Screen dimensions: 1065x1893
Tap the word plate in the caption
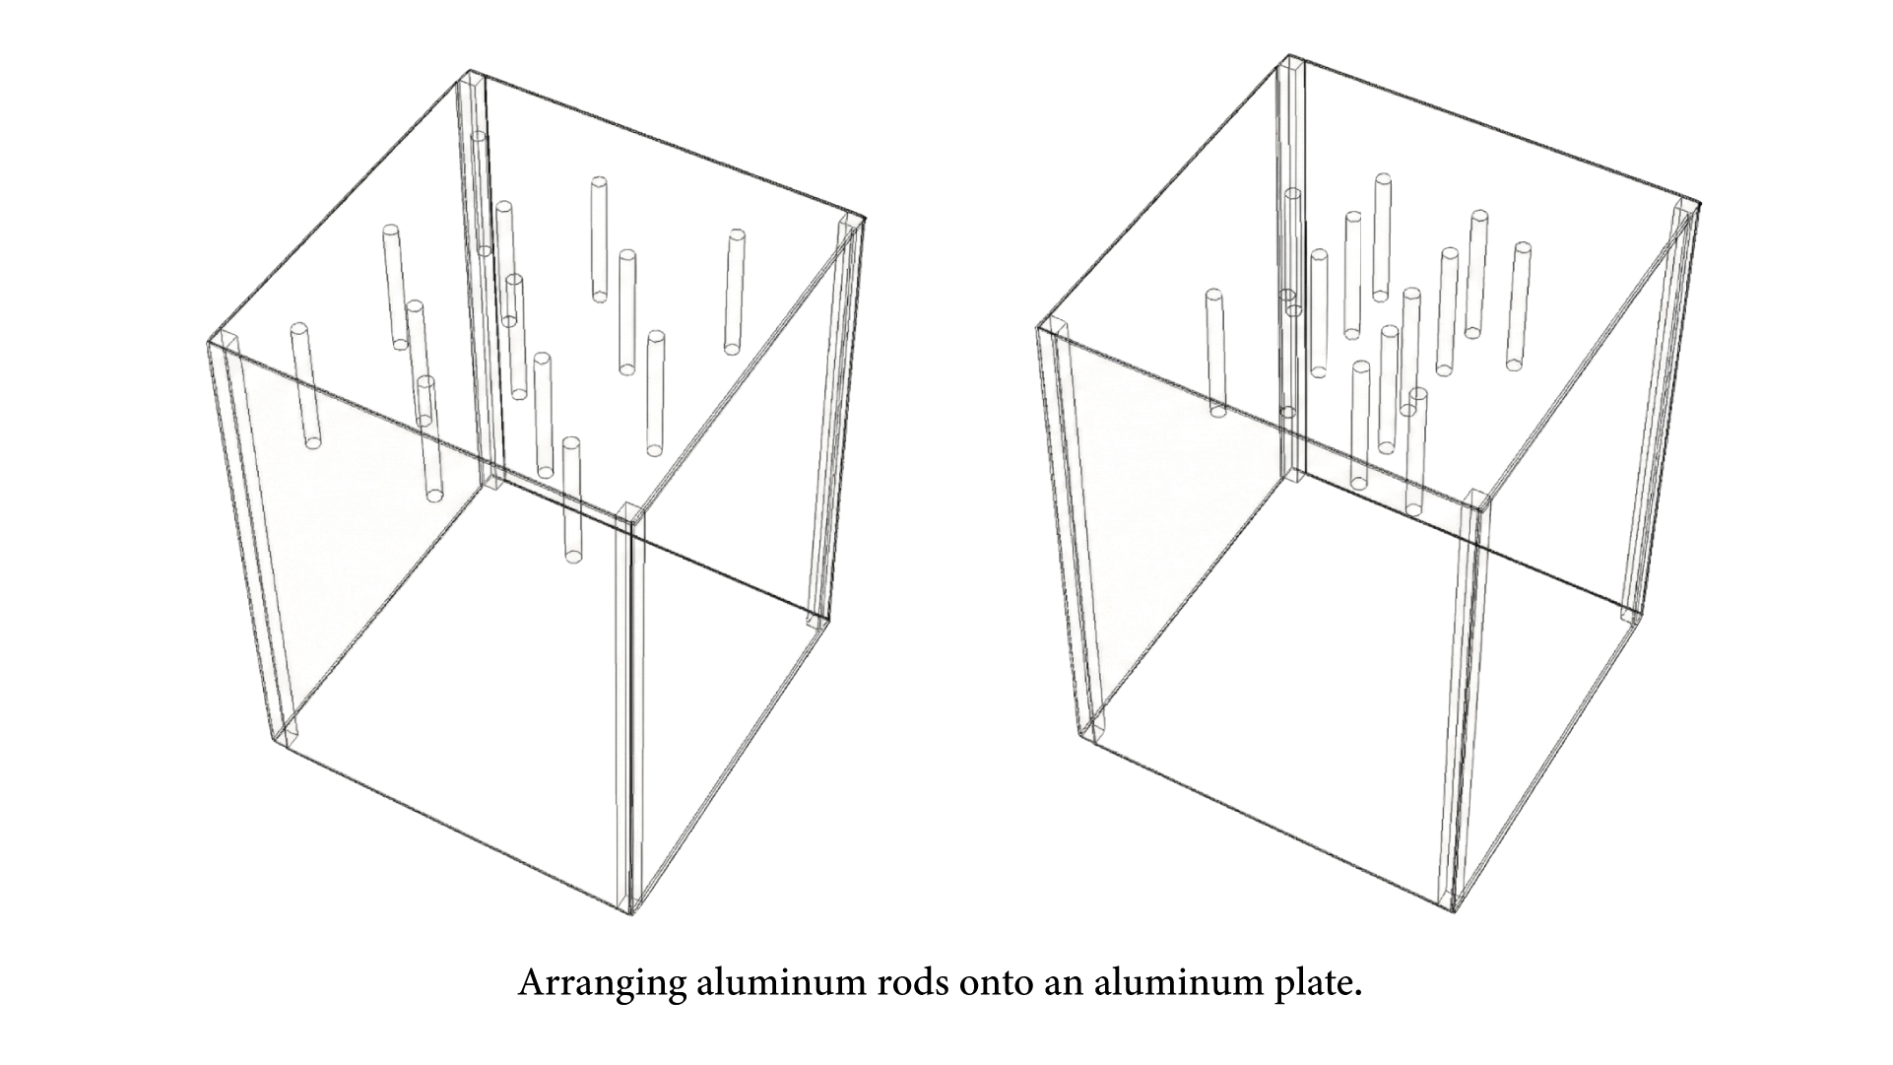click(x=1317, y=984)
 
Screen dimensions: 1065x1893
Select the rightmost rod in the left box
click(x=734, y=292)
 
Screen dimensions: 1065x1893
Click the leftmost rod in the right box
click(x=1216, y=353)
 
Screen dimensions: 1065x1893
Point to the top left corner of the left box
click(x=210, y=342)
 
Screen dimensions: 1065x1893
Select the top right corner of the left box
click(x=863, y=218)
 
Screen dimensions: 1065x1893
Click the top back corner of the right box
click(x=1285, y=57)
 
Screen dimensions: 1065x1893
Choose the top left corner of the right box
click(x=1040, y=327)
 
